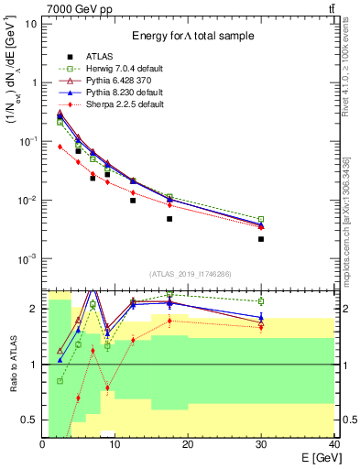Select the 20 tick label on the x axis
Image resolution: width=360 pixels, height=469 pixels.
[x=188, y=444]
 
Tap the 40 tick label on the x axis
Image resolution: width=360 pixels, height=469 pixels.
[x=333, y=444]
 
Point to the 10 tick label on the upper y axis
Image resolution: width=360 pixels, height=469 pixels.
[x=30, y=23]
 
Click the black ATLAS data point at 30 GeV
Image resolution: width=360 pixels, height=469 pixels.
[x=261, y=239]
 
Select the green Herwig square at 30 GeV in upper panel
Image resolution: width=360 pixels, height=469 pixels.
[x=261, y=220]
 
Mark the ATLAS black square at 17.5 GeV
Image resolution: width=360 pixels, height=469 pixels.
[x=169, y=219]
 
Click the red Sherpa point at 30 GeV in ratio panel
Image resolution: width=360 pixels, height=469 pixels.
[x=261, y=326]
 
